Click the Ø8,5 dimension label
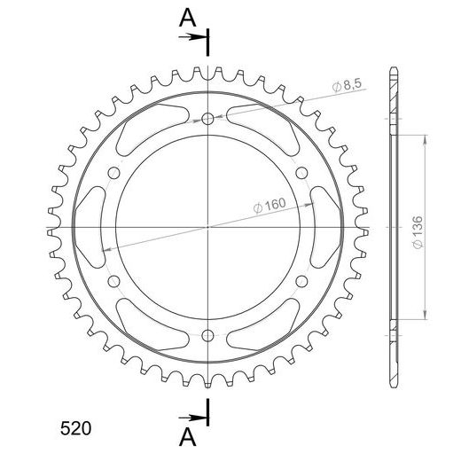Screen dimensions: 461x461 click(347, 85)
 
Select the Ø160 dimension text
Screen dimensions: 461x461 click(270, 205)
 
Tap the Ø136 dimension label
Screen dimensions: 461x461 click(418, 232)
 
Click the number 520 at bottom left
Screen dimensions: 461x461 click(75, 428)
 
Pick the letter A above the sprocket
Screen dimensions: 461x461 click(188, 18)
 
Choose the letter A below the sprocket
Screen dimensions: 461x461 click(188, 437)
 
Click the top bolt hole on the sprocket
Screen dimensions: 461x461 click(207, 119)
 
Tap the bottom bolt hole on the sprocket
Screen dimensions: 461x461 click(207, 335)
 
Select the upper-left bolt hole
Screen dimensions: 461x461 click(113, 173)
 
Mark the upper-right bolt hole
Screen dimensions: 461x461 click(301, 173)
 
